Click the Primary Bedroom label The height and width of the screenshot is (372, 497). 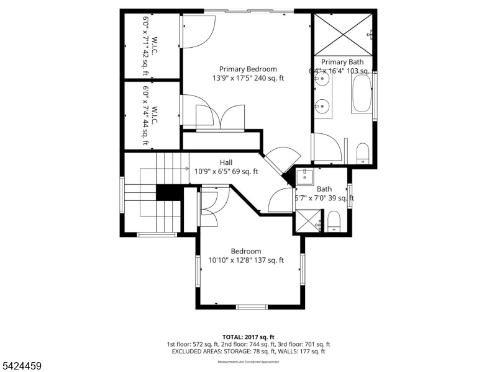248,69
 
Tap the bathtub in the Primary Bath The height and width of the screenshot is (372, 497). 362,94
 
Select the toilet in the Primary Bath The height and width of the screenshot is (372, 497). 363,153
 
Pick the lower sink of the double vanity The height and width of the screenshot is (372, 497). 321,106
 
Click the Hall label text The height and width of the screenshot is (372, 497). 226,162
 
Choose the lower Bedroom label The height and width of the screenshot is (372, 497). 245,251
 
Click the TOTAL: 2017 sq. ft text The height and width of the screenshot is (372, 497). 248,335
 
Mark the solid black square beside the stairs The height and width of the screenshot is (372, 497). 166,193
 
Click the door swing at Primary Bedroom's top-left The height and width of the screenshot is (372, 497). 198,31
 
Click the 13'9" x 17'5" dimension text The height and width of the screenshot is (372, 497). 248,78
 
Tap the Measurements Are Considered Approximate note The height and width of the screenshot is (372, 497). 248,361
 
